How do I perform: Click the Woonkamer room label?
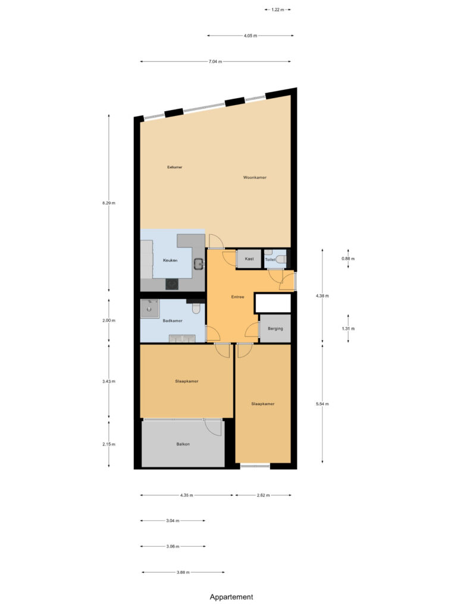coord(255,177)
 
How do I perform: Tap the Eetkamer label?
coord(174,167)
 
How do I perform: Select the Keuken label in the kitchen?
coord(170,260)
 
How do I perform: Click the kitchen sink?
coord(199,263)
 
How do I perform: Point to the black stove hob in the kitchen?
coord(172,285)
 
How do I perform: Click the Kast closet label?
coord(249,259)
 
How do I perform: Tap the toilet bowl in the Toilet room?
coord(281,259)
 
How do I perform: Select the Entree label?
coord(237,297)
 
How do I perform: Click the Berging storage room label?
coord(275,328)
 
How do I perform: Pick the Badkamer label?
coord(173,321)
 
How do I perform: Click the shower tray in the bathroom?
coord(149,309)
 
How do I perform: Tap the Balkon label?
coord(183,444)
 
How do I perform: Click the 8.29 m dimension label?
coord(109,203)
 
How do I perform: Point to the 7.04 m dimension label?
coord(215,61)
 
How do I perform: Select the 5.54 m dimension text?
coord(322,404)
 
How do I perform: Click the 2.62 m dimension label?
coord(263,495)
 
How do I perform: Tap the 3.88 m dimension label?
coord(183,572)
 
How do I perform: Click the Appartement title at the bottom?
coord(231,597)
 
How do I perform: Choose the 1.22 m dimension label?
coord(278,10)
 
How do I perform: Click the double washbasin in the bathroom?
coord(182,338)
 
